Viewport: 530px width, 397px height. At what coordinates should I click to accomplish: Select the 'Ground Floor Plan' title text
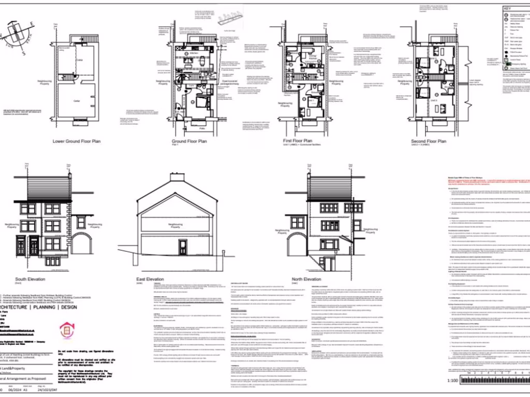189,141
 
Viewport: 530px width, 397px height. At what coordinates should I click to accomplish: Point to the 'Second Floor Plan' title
428,141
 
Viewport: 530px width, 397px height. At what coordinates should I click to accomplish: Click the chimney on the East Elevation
177,177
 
